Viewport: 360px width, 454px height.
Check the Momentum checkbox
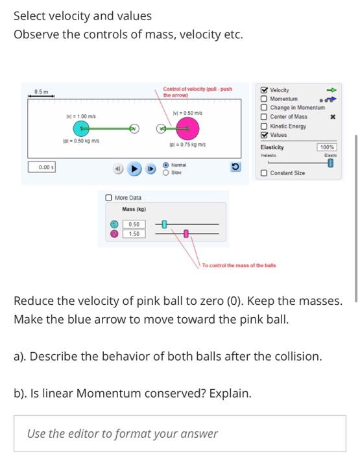[265, 99]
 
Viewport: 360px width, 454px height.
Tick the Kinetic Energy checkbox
[265, 126]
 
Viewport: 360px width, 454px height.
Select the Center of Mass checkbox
[265, 117]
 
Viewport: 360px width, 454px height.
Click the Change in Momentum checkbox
[265, 108]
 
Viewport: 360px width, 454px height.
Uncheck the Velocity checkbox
[265, 90]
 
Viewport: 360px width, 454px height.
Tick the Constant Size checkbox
[265, 173]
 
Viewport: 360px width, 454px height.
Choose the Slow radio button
[166, 173]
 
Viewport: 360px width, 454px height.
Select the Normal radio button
[166, 165]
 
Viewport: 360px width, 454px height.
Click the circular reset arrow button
[236, 168]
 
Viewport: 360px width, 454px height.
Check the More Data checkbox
[110, 197]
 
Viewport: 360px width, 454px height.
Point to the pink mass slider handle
[186, 233]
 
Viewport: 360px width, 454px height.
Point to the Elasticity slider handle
[331, 163]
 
